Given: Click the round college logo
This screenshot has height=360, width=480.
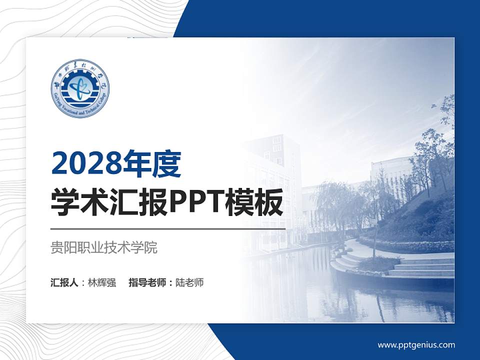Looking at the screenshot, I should pyautogui.click(x=80, y=88).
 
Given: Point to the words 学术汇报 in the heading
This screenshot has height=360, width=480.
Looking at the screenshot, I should pyautogui.click(x=109, y=203).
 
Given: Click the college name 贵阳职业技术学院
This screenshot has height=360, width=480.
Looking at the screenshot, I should pyautogui.click(x=104, y=247).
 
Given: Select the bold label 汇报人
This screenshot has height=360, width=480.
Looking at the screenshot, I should pyautogui.click(x=64, y=282).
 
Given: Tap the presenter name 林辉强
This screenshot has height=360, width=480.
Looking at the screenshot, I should pyautogui.click(x=102, y=282).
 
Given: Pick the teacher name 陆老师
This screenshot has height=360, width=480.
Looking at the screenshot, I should pyautogui.click(x=190, y=282).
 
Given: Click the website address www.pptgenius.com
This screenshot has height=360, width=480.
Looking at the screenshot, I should pyautogui.click(x=416, y=344).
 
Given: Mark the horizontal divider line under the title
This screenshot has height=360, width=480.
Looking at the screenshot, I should pyautogui.click(x=168, y=228).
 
